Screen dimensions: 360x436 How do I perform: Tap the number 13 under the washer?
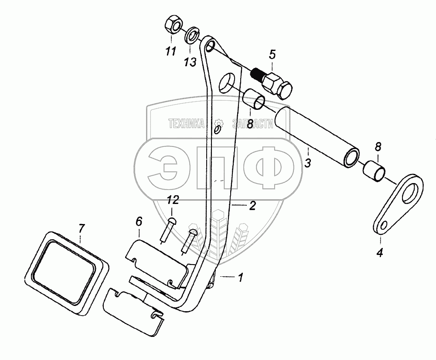pos(190,63)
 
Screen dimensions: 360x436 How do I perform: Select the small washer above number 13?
pos(191,35)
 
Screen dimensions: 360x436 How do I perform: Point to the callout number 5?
pos(272,55)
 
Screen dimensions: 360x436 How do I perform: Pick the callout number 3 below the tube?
pos(307,164)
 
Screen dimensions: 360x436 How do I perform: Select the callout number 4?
pos(380,252)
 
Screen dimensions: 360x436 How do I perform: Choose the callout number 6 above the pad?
pos(138,222)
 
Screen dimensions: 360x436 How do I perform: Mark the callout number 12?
pos(173,200)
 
